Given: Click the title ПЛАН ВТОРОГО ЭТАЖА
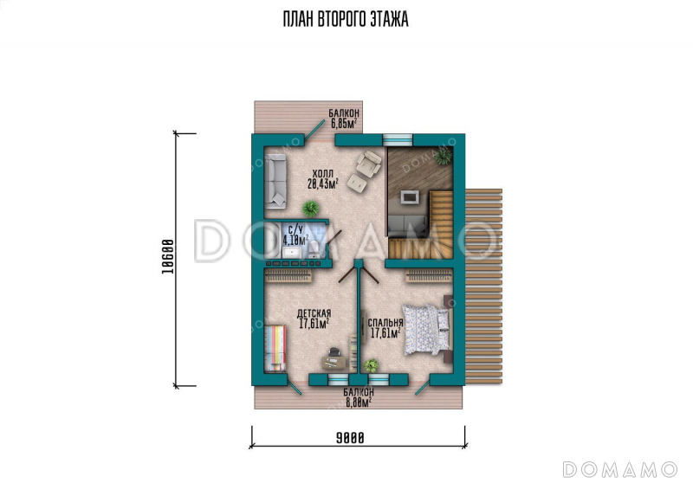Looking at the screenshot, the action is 346,19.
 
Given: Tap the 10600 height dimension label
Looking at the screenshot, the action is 167,256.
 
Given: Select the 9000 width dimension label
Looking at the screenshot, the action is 350,438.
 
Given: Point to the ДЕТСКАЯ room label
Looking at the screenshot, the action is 314,313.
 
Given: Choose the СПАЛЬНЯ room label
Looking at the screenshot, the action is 385,323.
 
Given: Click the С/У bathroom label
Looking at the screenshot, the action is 295,229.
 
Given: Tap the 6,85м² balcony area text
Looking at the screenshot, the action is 344,124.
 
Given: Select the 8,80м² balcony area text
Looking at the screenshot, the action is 358,402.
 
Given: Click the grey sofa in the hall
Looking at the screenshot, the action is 275,182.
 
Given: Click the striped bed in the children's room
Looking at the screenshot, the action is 275,349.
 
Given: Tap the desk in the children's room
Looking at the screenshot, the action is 334,362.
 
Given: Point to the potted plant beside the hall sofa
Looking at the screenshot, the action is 311,208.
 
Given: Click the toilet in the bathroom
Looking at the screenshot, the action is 314,249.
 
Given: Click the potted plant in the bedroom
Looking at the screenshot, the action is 371,365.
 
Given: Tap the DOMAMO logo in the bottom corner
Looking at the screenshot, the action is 620,469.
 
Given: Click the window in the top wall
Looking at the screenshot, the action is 398,139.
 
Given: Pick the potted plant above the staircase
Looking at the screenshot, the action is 444,156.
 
